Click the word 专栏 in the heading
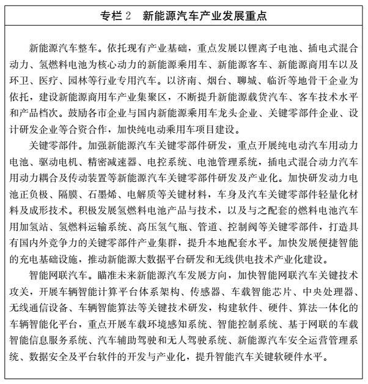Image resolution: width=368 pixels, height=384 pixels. (x=109, y=12)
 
